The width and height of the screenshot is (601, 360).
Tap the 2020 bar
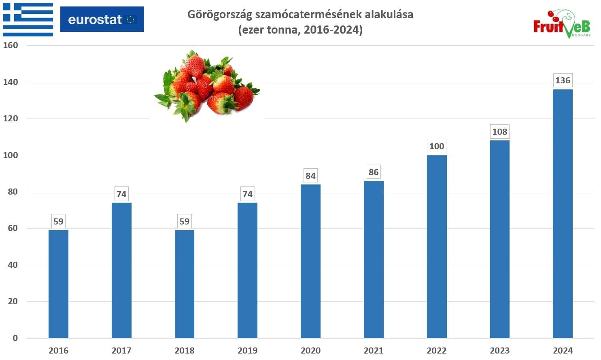(310, 261)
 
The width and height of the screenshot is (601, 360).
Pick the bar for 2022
(437, 246)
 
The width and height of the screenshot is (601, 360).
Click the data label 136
(563, 80)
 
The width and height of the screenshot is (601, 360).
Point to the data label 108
(499, 132)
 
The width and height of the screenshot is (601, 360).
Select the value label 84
(310, 176)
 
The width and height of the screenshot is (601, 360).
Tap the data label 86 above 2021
(374, 172)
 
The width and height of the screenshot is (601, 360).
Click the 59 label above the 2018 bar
(185, 222)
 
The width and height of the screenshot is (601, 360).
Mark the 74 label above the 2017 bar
(121, 194)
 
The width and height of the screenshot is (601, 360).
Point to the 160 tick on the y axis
(11, 45)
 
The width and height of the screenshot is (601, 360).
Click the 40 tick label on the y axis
(13, 265)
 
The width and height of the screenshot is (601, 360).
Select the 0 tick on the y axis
(15, 338)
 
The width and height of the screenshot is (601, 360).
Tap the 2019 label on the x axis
(247, 351)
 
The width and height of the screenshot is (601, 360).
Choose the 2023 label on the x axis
(499, 351)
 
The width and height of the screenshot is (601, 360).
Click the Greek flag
(28, 19)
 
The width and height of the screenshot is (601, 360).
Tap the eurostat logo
(102, 19)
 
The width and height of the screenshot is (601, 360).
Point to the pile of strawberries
(206, 86)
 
